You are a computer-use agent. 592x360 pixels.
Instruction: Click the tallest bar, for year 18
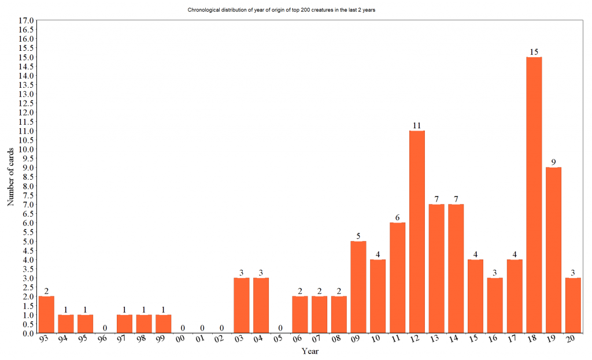click(x=534, y=195)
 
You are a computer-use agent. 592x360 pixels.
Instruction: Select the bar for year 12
click(x=417, y=232)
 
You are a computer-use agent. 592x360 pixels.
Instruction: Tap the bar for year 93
click(x=46, y=314)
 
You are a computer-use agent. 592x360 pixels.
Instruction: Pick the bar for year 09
click(x=358, y=287)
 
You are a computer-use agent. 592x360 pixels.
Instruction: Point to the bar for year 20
click(x=573, y=305)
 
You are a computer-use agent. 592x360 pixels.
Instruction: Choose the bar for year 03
click(x=241, y=305)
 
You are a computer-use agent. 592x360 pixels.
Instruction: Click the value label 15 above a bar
click(x=534, y=52)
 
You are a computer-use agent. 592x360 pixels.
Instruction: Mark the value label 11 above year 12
click(x=417, y=125)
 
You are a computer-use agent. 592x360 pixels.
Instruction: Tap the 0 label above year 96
click(x=105, y=328)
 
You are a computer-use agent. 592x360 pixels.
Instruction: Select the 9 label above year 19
click(x=553, y=162)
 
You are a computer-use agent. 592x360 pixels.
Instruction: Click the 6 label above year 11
click(x=397, y=218)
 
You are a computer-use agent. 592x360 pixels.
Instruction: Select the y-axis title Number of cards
click(x=10, y=177)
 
